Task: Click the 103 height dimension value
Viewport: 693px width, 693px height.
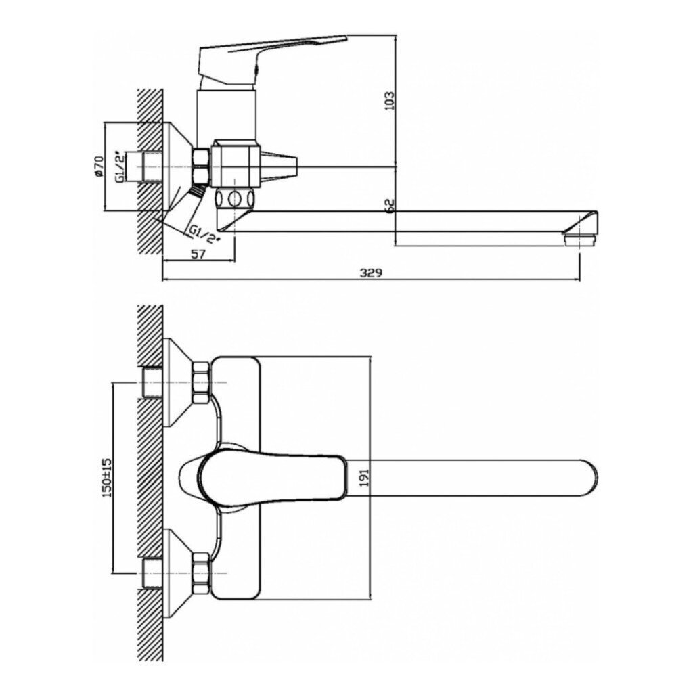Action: pyautogui.click(x=389, y=101)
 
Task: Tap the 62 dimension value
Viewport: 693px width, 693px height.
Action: pyautogui.click(x=389, y=206)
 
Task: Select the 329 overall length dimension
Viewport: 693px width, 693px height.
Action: pyautogui.click(x=370, y=273)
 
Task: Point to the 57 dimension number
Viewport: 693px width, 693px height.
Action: pyautogui.click(x=199, y=254)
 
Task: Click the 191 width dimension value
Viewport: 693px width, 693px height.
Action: pyautogui.click(x=363, y=478)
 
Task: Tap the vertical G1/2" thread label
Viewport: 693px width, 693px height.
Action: pyautogui.click(x=119, y=166)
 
